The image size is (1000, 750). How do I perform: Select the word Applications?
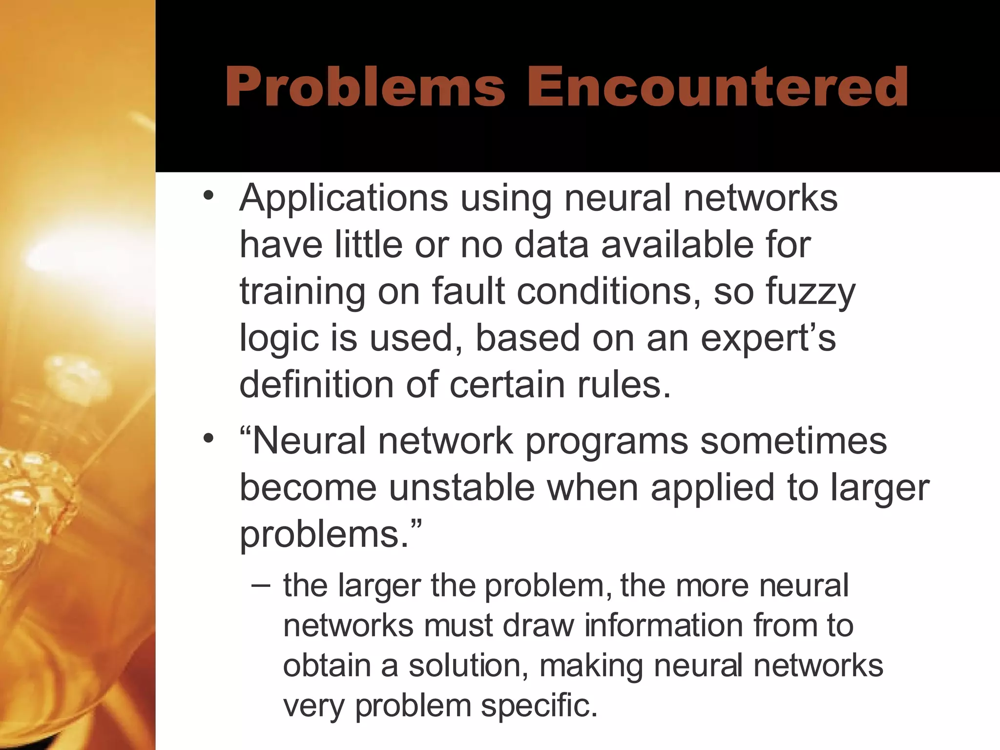coord(343,199)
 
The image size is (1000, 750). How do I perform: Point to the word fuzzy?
coord(811,292)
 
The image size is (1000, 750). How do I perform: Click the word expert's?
coord(768,338)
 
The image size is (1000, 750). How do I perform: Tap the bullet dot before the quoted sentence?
coord(208,438)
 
